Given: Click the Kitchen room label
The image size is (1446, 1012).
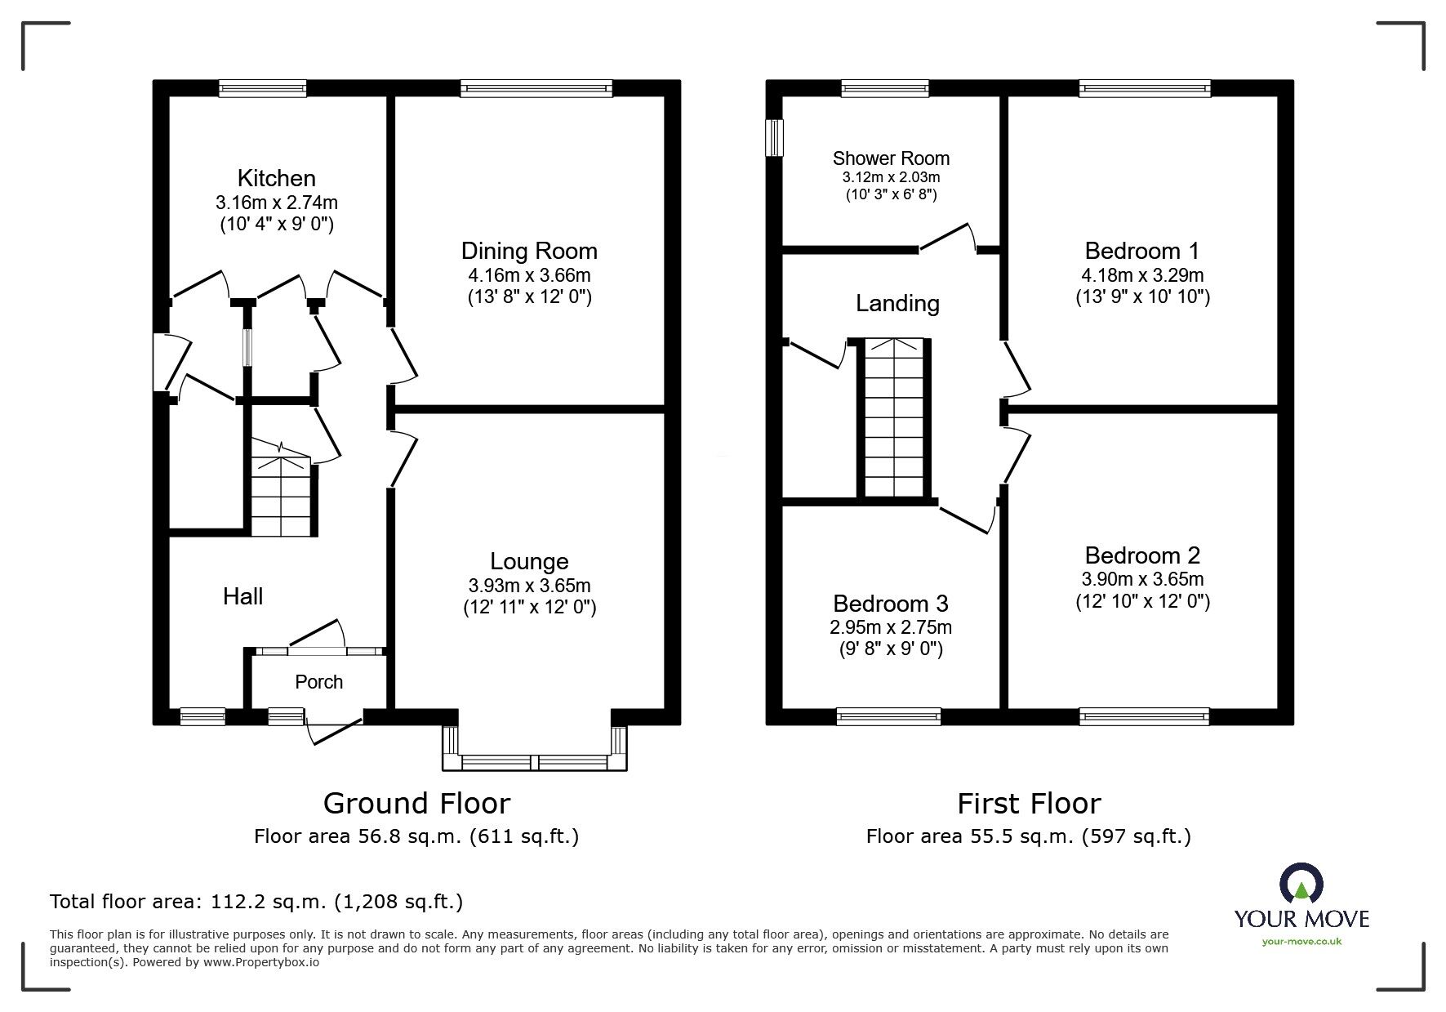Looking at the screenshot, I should point(276,178).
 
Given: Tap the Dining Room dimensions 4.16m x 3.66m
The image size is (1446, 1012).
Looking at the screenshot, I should point(529,275).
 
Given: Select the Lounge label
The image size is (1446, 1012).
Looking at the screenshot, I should point(529,561).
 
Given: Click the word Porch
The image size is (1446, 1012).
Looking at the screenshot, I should point(318,682).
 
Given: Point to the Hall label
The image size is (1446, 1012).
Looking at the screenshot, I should point(242,596).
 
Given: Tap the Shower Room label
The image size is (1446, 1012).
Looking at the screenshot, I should point(891,158).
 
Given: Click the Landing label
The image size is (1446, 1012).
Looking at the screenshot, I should point(897,304).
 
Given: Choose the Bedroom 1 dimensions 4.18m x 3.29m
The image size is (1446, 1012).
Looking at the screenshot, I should point(1142,275).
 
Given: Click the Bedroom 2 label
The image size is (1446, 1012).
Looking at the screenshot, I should point(1142,555).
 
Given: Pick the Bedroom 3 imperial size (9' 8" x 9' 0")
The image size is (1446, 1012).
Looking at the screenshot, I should point(891,649).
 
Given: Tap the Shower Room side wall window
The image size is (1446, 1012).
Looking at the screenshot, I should point(774,137).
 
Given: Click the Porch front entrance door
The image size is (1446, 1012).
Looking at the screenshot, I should point(334,729).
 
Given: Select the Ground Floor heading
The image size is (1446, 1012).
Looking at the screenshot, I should point(416,804).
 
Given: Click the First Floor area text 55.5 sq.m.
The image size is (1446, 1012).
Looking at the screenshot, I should point(1028,836).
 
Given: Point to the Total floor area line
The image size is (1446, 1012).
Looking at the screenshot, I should point(256,902).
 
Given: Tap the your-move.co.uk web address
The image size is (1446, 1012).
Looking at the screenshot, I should point(1301,942).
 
